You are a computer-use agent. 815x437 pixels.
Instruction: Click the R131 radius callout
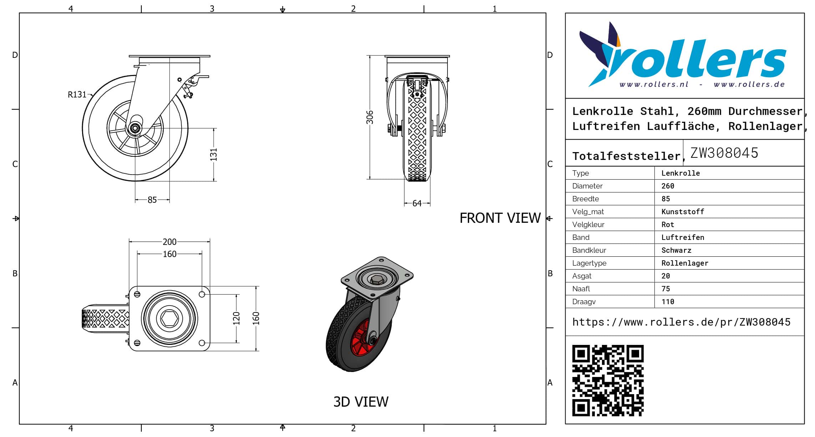click(77, 95)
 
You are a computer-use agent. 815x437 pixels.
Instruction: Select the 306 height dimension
click(370, 117)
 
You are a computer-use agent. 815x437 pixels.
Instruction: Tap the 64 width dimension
click(417, 204)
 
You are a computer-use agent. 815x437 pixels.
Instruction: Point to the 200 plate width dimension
click(169, 242)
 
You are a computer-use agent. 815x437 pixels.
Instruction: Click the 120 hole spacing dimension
click(236, 318)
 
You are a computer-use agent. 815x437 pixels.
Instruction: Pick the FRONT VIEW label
click(500, 218)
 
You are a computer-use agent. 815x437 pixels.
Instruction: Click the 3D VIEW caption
click(361, 402)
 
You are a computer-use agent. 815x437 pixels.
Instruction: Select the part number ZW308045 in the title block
click(724, 153)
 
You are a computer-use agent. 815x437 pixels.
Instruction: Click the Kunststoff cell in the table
click(683, 212)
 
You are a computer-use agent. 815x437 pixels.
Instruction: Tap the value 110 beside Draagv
click(668, 302)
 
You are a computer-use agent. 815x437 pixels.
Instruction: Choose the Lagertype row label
click(589, 263)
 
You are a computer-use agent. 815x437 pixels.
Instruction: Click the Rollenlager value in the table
click(685, 263)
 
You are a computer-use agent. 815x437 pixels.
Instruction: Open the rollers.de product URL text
click(681, 322)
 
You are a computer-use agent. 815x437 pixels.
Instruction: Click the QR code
click(608, 381)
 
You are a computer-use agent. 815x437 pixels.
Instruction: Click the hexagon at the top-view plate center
click(169, 318)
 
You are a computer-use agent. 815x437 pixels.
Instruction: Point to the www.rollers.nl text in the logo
click(654, 85)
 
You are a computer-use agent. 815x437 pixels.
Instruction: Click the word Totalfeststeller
click(626, 156)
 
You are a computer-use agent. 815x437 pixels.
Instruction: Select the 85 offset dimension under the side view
click(152, 200)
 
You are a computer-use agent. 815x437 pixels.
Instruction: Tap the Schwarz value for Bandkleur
click(676, 250)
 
